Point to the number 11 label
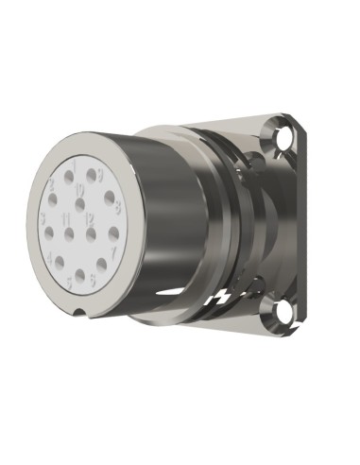pyautogui.click(x=67, y=219)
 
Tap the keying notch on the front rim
pyautogui.click(x=81, y=313)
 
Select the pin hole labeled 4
pyautogui.click(x=60, y=261)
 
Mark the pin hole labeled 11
pyautogui.click(x=69, y=233)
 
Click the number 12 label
pyautogui.click(x=91, y=219)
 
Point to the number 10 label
pyautogui.click(x=79, y=189)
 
